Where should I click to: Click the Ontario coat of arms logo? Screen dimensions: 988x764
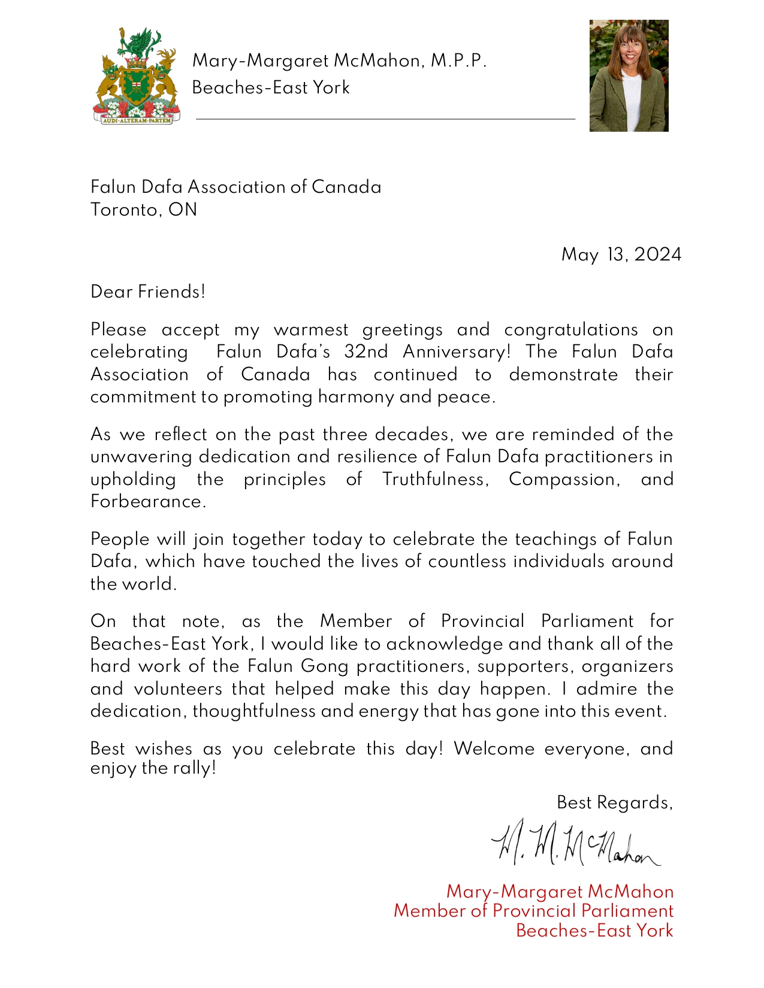(136, 75)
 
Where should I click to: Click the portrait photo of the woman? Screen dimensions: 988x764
(629, 75)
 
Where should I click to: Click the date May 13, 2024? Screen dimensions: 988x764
(621, 255)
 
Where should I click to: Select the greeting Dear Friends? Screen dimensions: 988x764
(148, 292)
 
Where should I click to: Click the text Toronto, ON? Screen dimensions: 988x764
(144, 210)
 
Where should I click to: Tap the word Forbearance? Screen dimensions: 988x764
(148, 502)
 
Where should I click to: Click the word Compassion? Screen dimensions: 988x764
(564, 480)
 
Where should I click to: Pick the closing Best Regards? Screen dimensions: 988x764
(615, 802)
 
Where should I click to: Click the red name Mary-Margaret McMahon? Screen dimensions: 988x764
(560, 892)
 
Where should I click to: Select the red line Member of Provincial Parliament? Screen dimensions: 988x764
(533, 911)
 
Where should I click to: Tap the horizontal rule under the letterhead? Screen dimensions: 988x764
(385, 119)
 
